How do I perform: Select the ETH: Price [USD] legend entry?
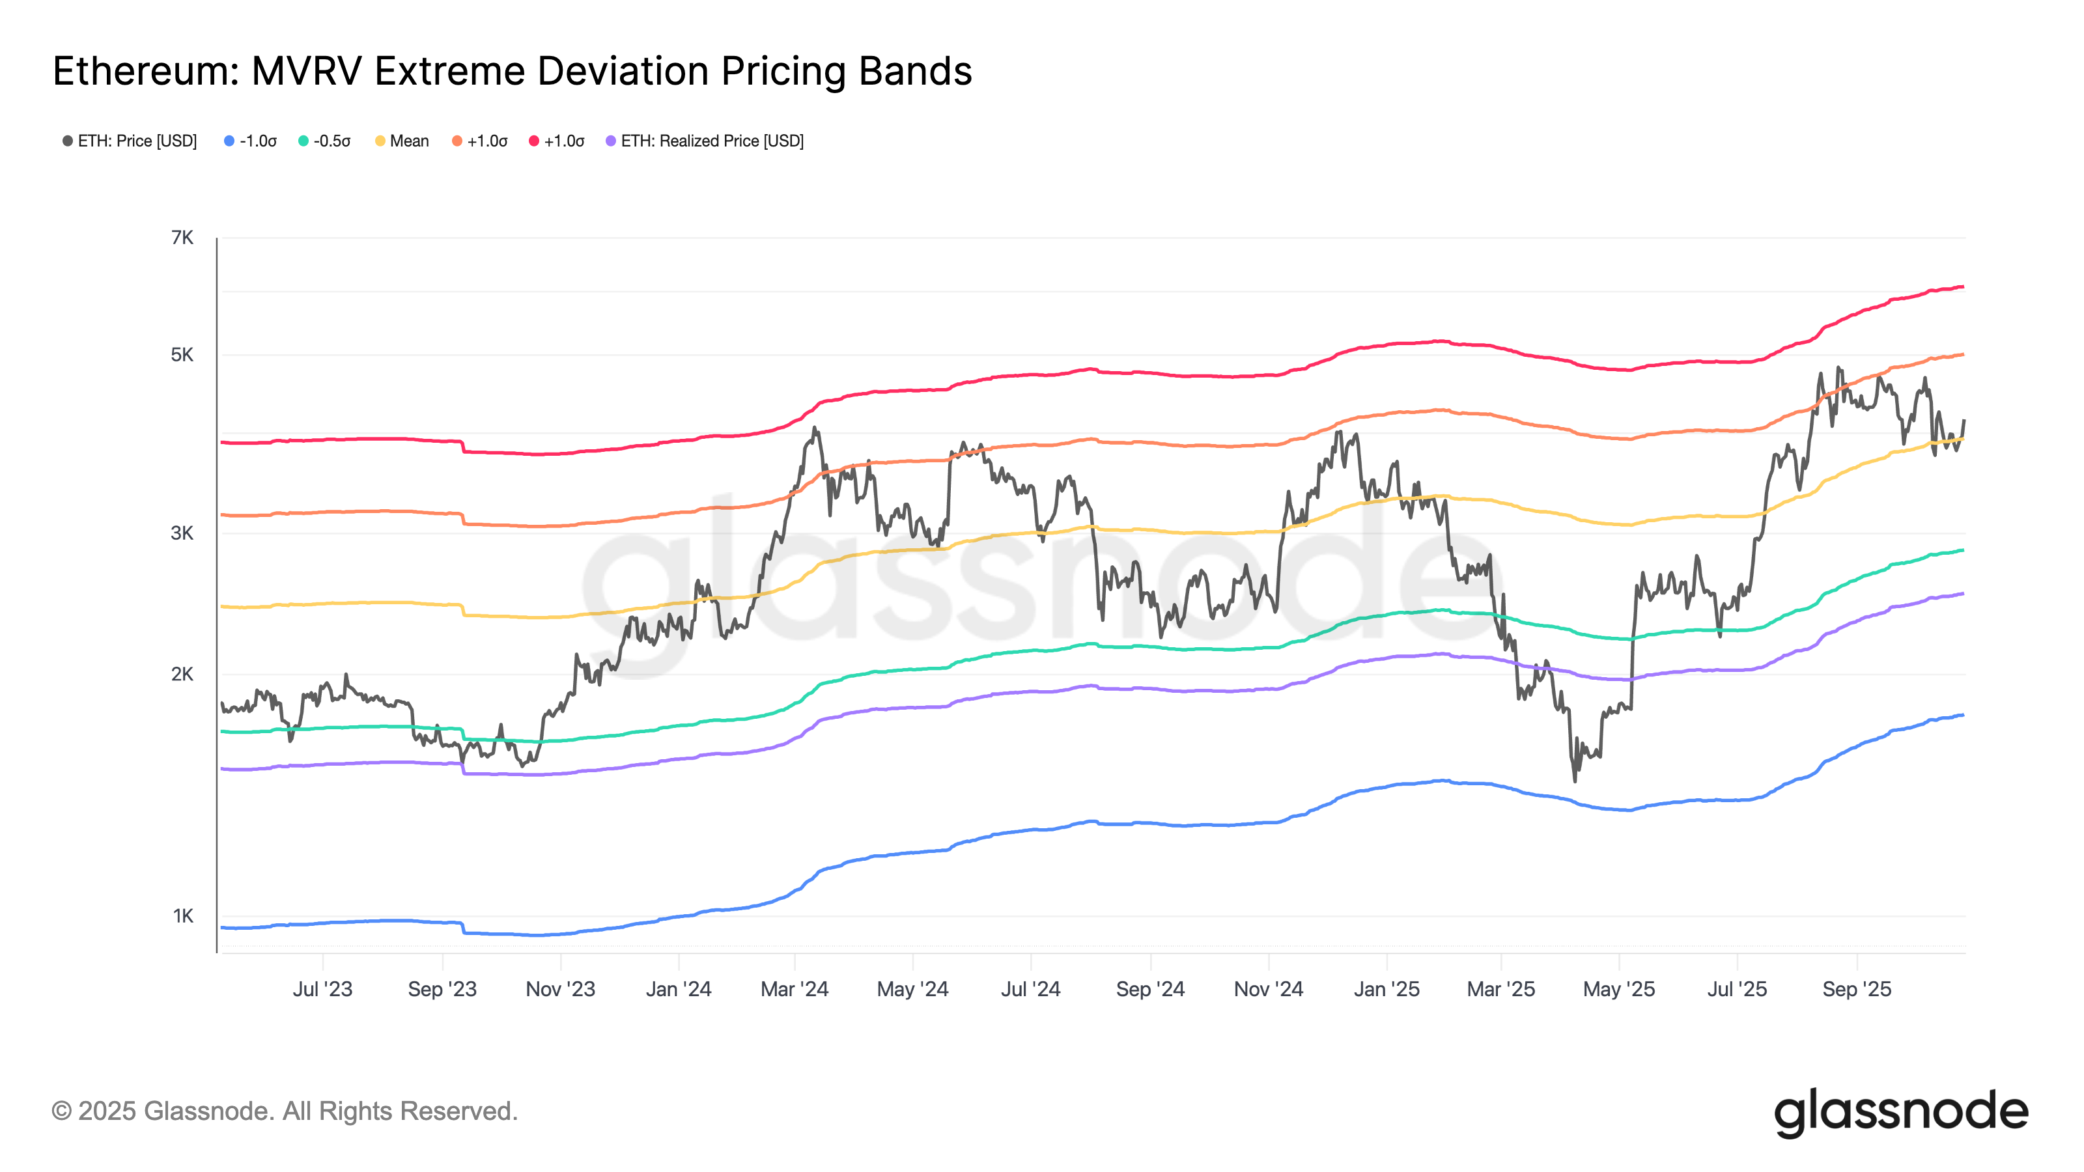(x=130, y=141)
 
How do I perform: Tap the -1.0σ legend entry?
(x=251, y=141)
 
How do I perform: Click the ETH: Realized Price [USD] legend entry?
(x=705, y=141)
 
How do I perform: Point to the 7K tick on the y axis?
(x=182, y=238)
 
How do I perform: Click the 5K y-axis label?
(x=182, y=355)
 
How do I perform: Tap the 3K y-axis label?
(x=182, y=533)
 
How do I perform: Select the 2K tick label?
(x=182, y=674)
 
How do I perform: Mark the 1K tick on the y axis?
(x=183, y=916)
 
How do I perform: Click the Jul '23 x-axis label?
(x=323, y=989)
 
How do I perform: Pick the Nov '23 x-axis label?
(x=561, y=989)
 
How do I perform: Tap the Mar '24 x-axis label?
(x=795, y=989)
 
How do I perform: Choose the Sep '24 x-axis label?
(x=1150, y=989)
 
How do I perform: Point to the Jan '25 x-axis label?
(x=1387, y=989)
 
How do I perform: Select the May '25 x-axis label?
(x=1619, y=989)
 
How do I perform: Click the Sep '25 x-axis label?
(x=1857, y=989)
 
